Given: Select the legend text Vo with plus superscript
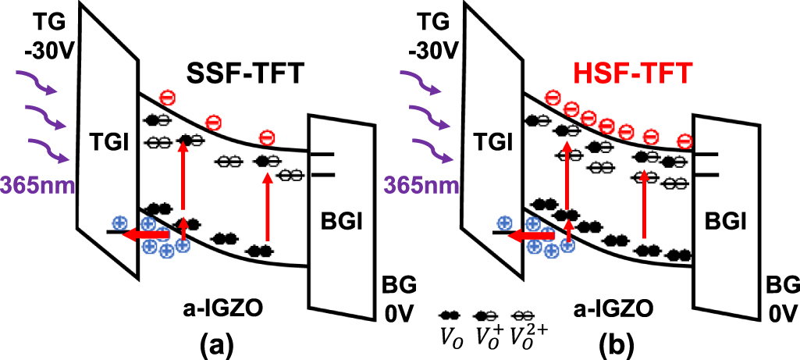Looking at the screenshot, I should pyautogui.click(x=488, y=338).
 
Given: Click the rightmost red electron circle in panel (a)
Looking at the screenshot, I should pyautogui.click(x=267, y=139).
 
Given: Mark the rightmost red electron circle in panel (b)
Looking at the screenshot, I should pyautogui.click(x=684, y=141).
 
